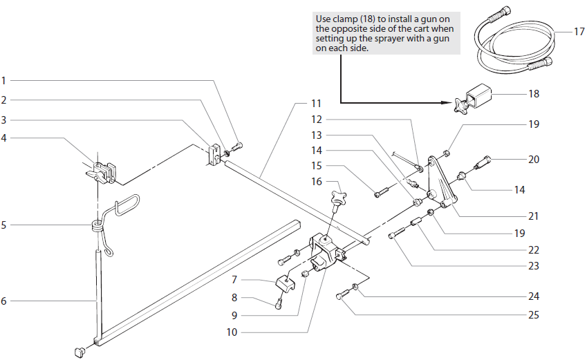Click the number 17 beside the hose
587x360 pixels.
coord(579,32)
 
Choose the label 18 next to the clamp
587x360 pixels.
coord(533,94)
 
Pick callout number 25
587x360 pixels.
coord(533,315)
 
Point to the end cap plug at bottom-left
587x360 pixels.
coord(78,351)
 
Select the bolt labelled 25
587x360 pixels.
coord(340,296)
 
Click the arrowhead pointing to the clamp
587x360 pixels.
coord(447,102)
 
